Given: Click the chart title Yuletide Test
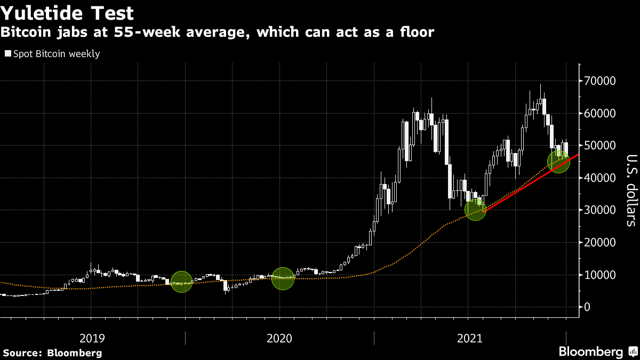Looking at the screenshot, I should pos(68,12).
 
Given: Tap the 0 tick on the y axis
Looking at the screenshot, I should pos(588,307).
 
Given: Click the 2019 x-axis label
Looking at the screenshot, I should pos(92,338).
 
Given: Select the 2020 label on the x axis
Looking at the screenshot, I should pos(279,338).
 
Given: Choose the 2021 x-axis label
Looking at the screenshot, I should pos(470,338).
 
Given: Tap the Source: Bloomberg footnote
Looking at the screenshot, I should pos(52,353).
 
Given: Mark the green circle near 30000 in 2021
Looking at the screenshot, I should pos(475,209).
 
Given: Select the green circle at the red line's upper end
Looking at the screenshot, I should pos(558,161).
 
